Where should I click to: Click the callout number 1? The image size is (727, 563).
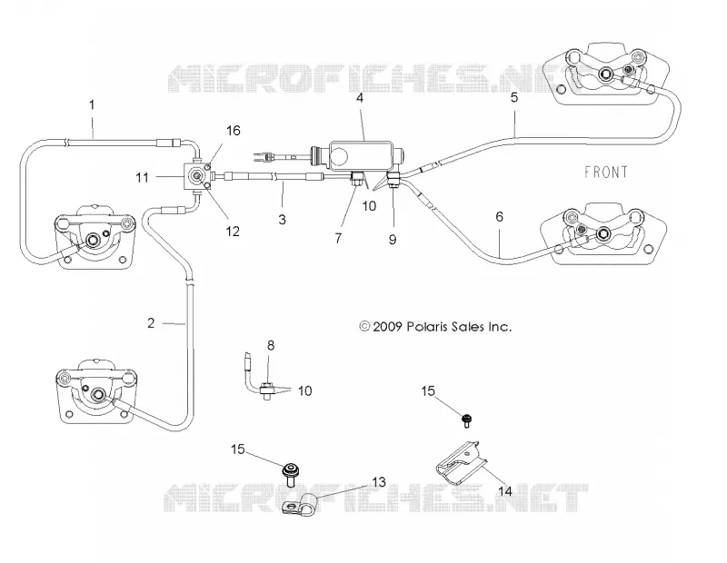92,105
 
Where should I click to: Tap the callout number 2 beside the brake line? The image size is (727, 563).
151,323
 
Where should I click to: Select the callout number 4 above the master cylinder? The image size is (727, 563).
360,98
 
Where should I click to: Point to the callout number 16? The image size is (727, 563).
234,131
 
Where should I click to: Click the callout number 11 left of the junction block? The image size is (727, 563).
142,177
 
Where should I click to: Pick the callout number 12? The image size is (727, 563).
233,231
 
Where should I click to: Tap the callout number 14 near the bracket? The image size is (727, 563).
505,490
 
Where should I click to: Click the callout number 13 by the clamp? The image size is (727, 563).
379,482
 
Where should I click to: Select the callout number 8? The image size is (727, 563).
271,345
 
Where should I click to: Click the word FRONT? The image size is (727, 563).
605,173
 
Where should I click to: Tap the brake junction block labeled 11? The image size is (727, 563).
197,177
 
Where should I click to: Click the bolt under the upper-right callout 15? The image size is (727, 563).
466,420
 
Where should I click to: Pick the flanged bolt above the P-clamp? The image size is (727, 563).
291,474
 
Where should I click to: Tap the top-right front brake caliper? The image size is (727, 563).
607,74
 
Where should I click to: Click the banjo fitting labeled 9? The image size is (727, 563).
393,180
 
